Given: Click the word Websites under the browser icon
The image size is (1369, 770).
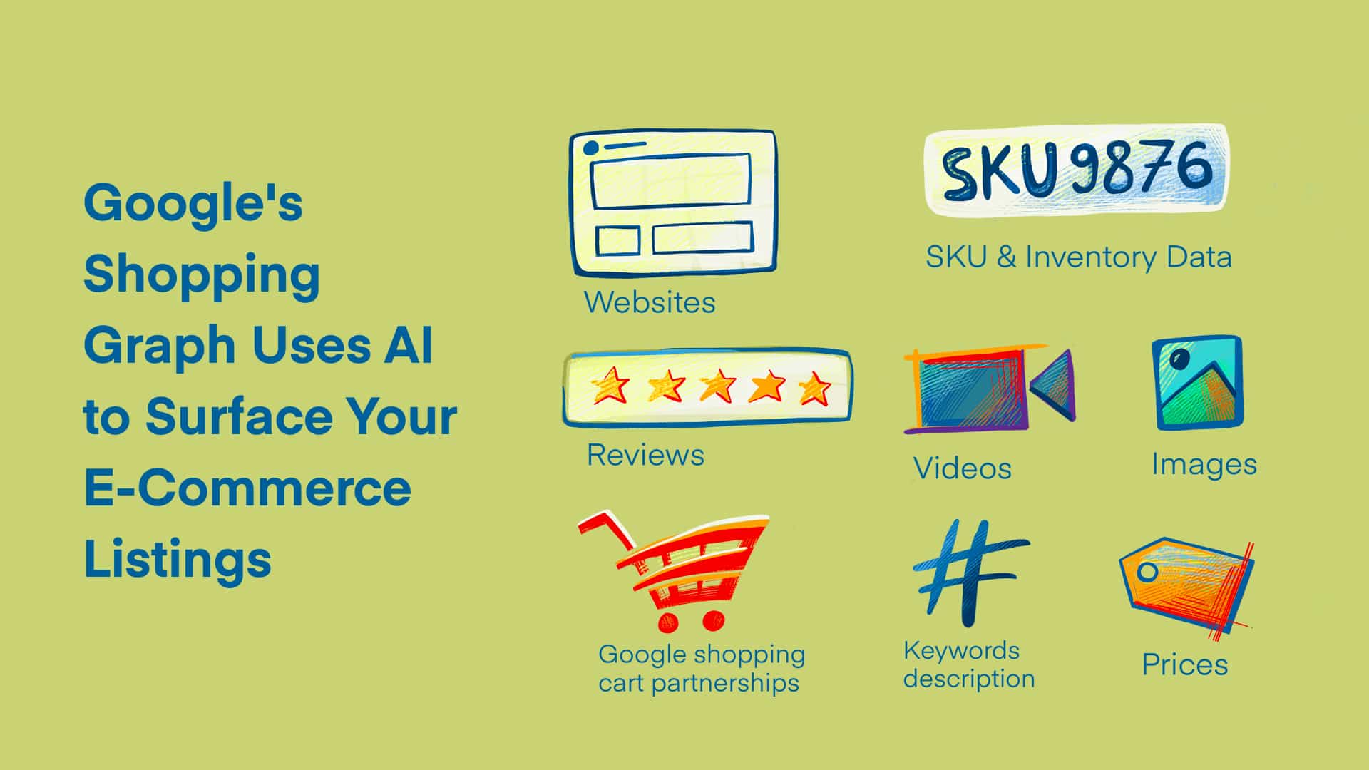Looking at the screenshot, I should pos(650,302).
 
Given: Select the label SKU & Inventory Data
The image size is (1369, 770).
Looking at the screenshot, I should pos(1078,257).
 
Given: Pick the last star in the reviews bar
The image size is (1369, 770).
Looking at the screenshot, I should pos(814,388).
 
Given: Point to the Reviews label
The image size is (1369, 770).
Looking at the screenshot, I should pos(645,455).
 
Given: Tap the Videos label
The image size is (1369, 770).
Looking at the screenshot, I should pos(962,468).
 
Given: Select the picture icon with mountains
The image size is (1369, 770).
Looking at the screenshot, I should pos(1197,383).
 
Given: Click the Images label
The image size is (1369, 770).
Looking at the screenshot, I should pos(1204,464).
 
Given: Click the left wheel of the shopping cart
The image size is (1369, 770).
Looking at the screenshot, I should pos(668,622).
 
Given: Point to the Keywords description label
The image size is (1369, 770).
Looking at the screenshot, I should pos(968,664).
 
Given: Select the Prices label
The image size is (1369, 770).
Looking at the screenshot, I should pos(1184,664).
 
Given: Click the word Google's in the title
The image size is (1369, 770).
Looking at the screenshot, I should pos(193,203).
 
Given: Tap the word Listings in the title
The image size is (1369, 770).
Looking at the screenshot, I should pos(178,559).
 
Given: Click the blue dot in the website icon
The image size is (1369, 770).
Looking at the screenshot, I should pos(591,148).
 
